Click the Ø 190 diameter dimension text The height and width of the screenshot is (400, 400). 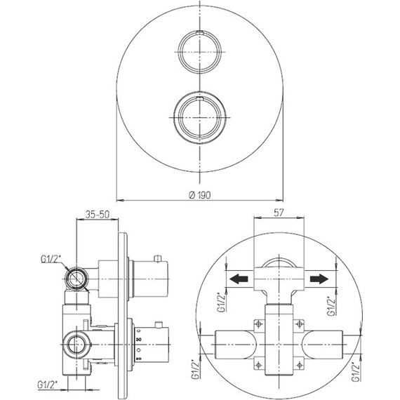(199, 195)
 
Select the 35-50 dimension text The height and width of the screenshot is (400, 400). (98, 214)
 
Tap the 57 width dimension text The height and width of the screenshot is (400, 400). (279, 213)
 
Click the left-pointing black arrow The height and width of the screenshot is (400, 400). (239, 279)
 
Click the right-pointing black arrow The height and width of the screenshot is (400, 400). (319, 279)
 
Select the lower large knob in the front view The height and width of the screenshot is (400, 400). (200, 118)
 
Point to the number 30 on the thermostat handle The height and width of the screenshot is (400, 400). (139, 340)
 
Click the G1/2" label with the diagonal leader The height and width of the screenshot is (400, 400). (51, 260)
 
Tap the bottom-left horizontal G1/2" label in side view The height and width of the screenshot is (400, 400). (48, 385)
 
